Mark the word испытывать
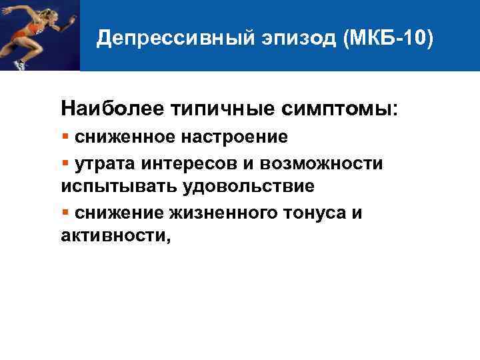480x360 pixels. (115, 184)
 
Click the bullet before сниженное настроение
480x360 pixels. (65, 137)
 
